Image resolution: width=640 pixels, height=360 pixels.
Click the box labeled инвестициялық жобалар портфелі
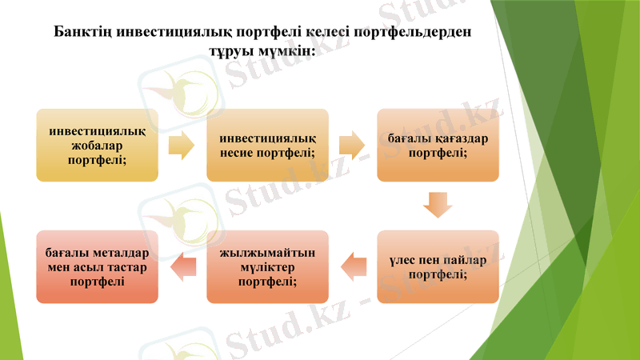(x=97, y=145)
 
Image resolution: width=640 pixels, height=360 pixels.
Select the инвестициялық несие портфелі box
(x=267, y=145)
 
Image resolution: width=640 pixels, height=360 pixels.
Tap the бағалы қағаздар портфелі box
(x=438, y=145)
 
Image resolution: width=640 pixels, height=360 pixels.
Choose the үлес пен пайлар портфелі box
(x=438, y=266)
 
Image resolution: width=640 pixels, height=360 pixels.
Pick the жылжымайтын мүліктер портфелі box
(x=267, y=266)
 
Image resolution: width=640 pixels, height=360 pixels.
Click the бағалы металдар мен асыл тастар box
(x=97, y=266)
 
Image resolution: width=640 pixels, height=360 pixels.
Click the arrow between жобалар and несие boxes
(x=182, y=145)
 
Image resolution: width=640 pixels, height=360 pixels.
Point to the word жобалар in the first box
(x=97, y=145)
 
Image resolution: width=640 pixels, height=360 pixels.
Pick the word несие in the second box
(x=240, y=152)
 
